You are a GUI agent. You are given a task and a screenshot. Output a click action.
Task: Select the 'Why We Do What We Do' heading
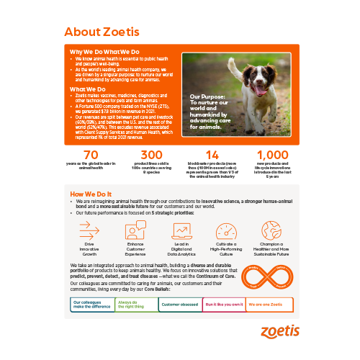coord(104,52)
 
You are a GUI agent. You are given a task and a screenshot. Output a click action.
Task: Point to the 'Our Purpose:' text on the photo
coord(208,95)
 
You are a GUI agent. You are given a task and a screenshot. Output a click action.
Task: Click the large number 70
coord(91,156)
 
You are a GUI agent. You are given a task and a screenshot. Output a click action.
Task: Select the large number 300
coord(151,156)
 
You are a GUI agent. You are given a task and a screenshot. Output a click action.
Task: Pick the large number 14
coord(212,156)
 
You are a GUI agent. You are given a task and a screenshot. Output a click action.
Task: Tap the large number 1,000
coord(271,156)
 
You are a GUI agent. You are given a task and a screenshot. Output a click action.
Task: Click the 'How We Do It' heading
coord(91,195)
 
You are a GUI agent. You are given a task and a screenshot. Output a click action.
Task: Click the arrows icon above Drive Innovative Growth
coord(89,230)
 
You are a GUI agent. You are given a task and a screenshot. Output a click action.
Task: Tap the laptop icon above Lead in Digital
coord(180,230)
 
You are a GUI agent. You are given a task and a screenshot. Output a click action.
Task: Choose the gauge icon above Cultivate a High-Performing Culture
coord(225,230)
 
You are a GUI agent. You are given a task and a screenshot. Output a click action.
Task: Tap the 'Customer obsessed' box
coord(179,305)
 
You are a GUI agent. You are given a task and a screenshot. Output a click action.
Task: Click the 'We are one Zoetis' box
coord(267,305)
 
